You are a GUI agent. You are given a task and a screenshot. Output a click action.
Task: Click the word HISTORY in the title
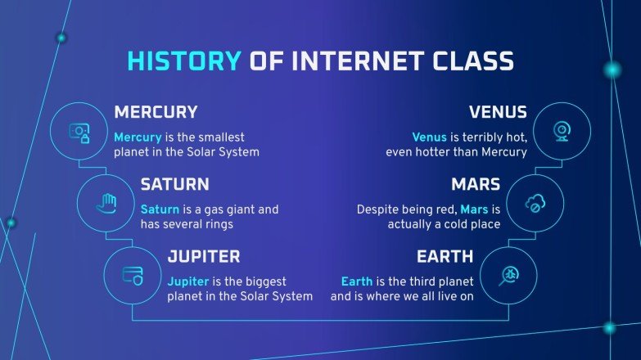184,62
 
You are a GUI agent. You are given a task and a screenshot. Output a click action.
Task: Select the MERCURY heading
156,112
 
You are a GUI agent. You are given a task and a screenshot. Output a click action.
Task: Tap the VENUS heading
498,112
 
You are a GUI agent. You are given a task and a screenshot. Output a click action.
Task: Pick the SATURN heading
174,184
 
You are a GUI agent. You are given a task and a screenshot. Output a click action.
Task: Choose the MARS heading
474,184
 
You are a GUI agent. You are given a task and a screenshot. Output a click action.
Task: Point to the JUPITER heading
204,256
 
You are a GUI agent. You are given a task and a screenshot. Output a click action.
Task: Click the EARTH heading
445,256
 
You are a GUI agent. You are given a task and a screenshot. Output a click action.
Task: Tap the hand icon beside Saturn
106,203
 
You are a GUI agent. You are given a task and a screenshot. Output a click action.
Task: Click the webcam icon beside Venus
562,131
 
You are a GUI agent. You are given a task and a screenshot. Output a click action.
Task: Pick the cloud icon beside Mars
535,203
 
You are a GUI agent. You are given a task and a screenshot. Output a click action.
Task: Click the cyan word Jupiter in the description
189,281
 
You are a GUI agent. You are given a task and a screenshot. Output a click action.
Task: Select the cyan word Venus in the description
430,137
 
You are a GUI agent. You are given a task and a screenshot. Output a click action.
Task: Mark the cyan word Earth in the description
356,281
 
